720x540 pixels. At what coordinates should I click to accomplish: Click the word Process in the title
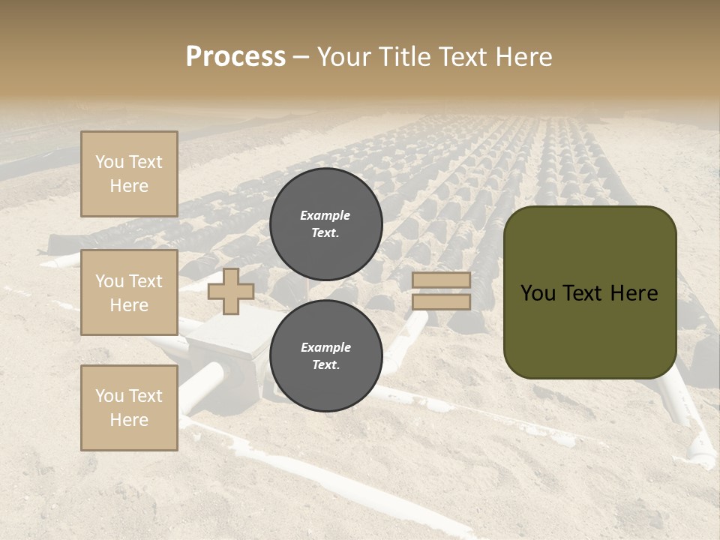point(235,57)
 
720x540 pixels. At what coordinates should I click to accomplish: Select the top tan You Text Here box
point(129,174)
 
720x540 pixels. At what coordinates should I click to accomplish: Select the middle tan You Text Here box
point(129,292)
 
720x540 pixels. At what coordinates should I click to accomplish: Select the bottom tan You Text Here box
point(129,408)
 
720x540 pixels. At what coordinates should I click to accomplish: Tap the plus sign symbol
point(231,291)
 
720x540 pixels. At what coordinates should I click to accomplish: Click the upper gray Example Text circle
point(325,224)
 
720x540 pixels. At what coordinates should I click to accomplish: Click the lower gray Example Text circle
point(325,356)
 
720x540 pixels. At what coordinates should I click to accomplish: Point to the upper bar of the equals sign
point(441,280)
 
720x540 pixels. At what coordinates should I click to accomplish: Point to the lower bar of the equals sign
point(441,301)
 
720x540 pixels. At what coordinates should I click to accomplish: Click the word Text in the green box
point(586,293)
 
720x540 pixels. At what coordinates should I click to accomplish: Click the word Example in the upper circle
point(325,216)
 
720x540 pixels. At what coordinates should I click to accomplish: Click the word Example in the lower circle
point(325,348)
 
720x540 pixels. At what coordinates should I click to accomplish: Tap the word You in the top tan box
point(109,162)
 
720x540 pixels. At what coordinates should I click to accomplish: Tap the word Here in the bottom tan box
point(129,420)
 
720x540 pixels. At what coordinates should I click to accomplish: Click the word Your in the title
point(346,57)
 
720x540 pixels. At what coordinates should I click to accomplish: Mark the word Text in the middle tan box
point(145,281)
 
